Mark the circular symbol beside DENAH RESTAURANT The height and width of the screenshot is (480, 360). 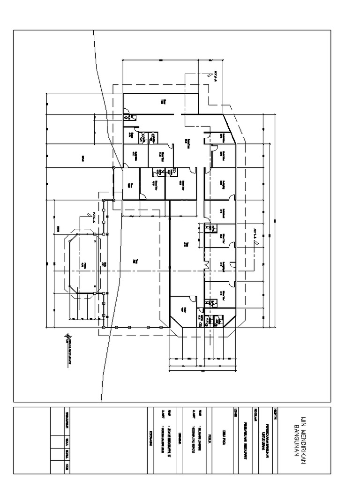(69, 336)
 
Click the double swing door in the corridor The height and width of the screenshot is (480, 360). (205, 265)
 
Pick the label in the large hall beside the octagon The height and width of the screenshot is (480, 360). (135, 260)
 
